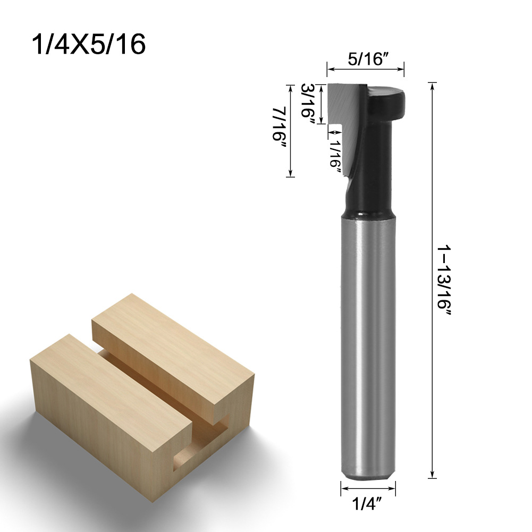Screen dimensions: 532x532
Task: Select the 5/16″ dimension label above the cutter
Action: click(x=366, y=59)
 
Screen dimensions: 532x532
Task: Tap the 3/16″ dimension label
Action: click(x=308, y=104)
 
